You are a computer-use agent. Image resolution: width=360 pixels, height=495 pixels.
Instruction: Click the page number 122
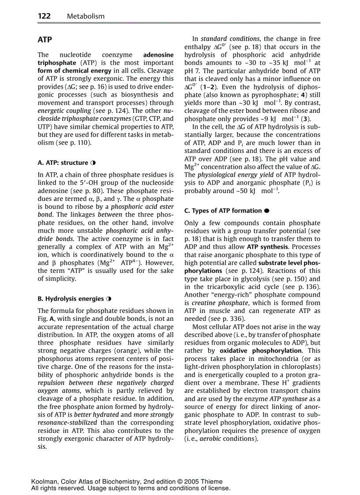pos(45,16)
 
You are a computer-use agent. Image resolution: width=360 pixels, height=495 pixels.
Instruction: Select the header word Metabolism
pos(86,16)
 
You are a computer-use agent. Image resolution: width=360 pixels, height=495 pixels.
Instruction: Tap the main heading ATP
pos(45,40)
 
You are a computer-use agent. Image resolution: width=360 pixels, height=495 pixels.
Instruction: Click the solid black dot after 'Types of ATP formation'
pos(267,211)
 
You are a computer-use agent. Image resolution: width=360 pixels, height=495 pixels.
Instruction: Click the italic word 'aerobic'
pos(212,439)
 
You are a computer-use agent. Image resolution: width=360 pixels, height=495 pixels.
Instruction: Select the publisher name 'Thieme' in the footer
pos(212,482)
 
